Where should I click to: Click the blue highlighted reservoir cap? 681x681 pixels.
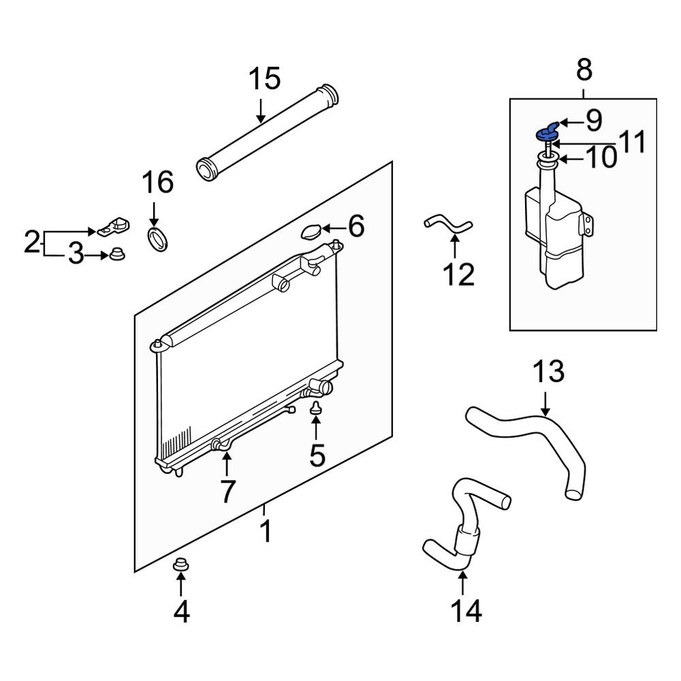click(x=548, y=131)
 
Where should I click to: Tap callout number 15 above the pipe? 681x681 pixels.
click(x=264, y=80)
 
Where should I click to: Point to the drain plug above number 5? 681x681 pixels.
click(x=316, y=409)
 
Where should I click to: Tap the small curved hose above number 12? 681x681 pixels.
click(x=447, y=226)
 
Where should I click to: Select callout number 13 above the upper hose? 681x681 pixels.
click(x=548, y=372)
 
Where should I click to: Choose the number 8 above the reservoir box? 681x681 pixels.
click(x=584, y=69)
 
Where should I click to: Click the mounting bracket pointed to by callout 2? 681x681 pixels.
click(x=112, y=226)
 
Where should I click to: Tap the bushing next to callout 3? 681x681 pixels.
click(x=116, y=255)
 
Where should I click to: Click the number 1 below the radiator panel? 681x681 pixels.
click(x=266, y=531)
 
